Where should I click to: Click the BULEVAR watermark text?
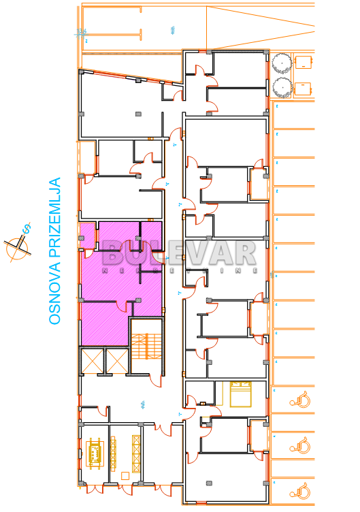tap(180, 255)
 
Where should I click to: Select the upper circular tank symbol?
tap(281, 63)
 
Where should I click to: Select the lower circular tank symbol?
tap(281, 87)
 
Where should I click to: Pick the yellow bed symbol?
tap(241, 394)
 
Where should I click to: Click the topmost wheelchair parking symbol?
tap(300, 398)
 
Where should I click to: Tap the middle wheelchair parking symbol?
tap(300, 447)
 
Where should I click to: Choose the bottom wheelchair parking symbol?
tap(300, 490)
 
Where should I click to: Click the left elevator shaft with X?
tap(92, 361)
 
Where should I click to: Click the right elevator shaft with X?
tap(116, 361)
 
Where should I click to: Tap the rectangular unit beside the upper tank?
tap(304, 62)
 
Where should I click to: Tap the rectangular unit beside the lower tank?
tap(304, 88)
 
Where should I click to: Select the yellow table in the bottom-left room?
tap(94, 452)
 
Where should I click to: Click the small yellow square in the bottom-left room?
tap(125, 475)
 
